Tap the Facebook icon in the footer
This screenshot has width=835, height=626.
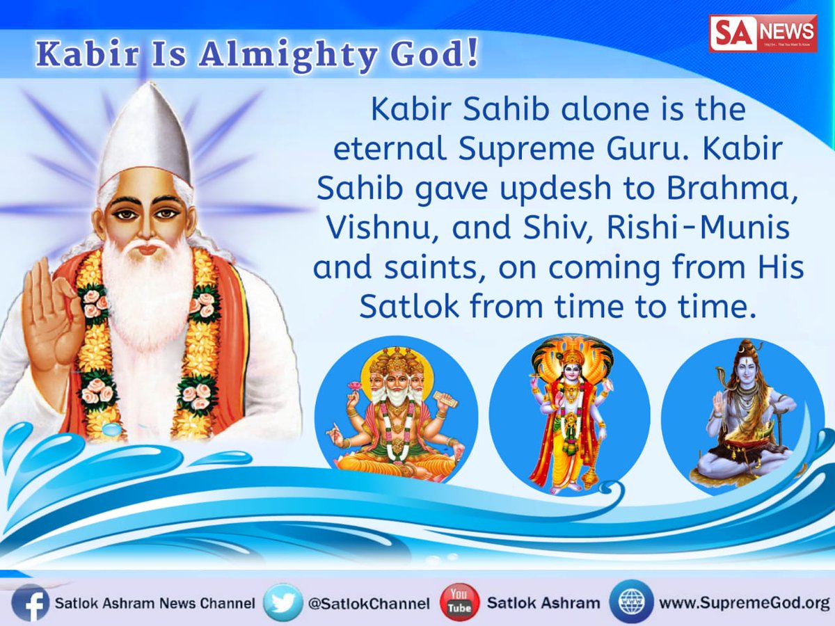(30, 602)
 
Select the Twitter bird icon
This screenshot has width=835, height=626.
(283, 602)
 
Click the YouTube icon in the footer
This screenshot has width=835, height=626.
(460, 602)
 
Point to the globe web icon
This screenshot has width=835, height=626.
(632, 602)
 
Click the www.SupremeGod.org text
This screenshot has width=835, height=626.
(744, 603)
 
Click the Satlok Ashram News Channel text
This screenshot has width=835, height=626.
(154, 603)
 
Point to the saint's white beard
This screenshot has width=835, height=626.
(146, 292)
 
